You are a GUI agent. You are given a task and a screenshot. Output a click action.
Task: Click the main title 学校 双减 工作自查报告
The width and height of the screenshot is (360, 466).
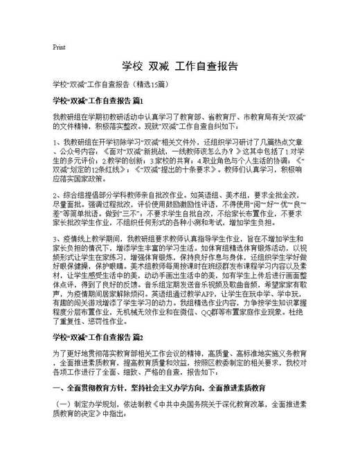tap(179, 66)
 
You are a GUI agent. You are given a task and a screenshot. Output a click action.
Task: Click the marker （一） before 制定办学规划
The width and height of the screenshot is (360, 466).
tap(64, 403)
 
